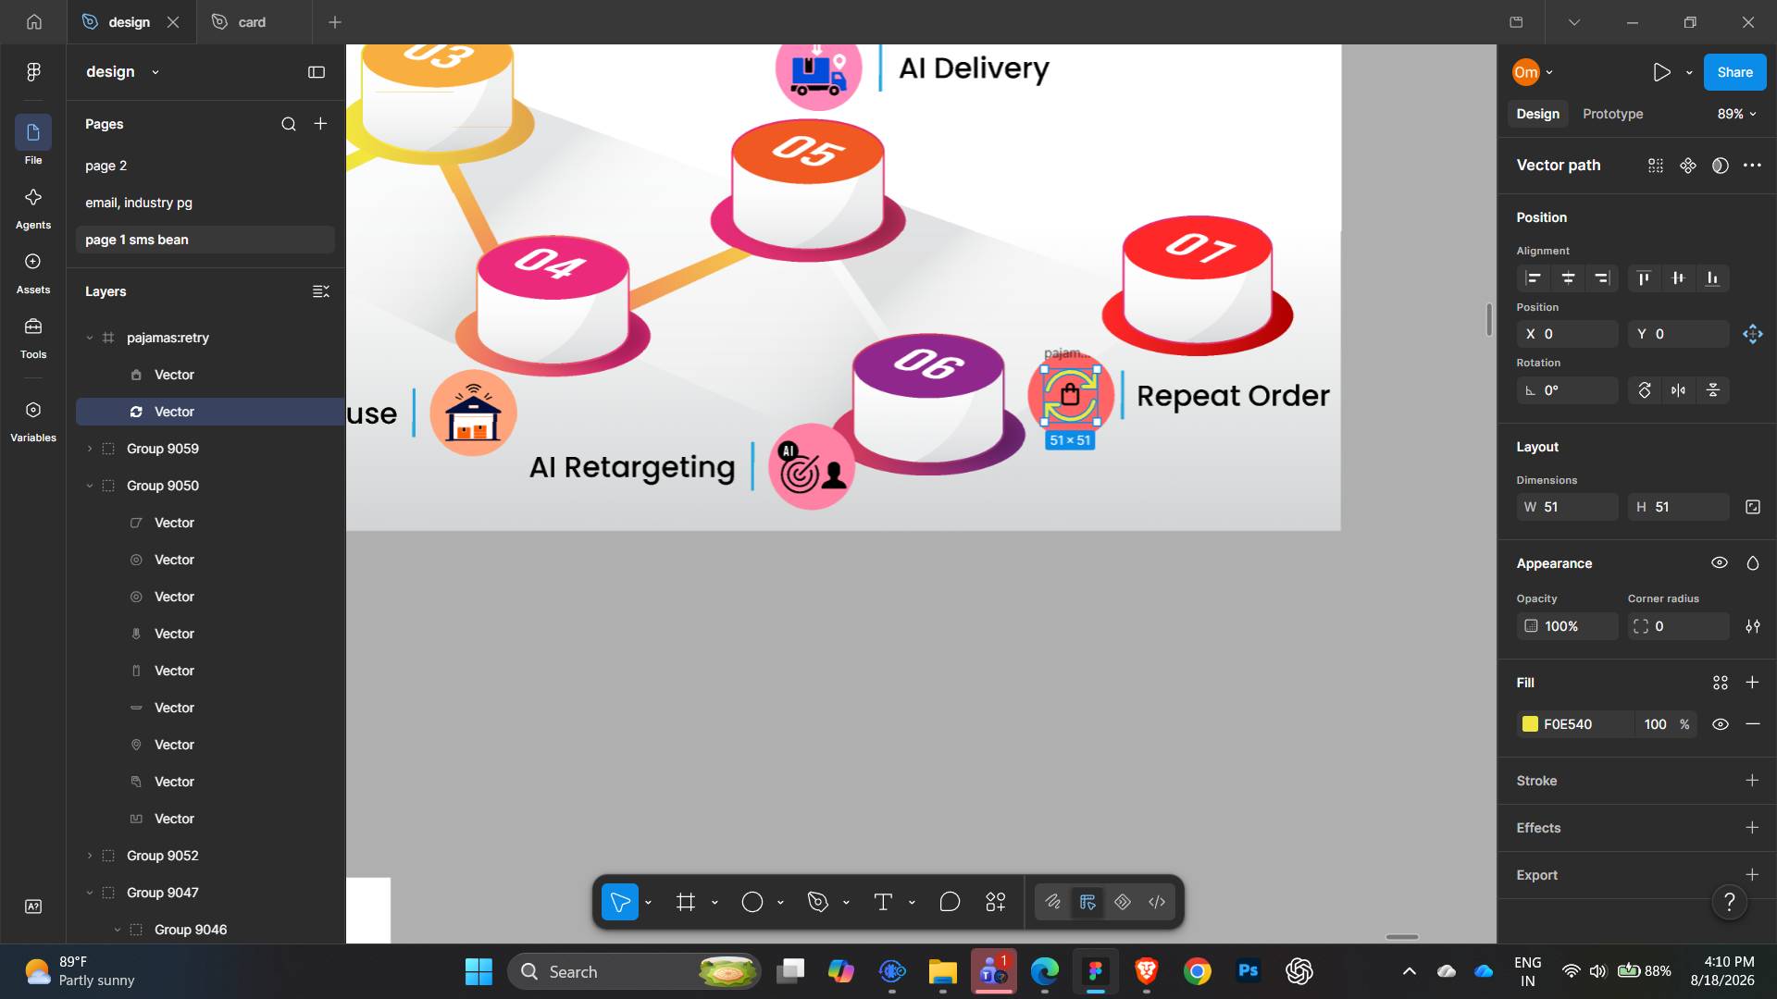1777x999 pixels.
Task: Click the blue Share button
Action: pyautogui.click(x=1734, y=72)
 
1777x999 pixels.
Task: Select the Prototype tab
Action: pyautogui.click(x=1612, y=114)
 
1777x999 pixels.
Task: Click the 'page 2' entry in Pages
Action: pyautogui.click(x=106, y=166)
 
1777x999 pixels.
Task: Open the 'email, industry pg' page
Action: pyautogui.click(x=139, y=203)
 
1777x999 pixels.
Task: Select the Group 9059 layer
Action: pyautogui.click(x=163, y=449)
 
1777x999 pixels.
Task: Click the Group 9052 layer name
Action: pyautogui.click(x=163, y=856)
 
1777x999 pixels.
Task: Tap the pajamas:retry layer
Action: pyautogui.click(x=168, y=338)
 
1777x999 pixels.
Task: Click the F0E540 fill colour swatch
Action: pyautogui.click(x=1530, y=724)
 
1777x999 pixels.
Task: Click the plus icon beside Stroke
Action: pyautogui.click(x=1752, y=781)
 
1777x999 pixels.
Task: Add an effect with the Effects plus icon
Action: pyautogui.click(x=1752, y=828)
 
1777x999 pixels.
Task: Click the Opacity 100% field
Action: pyautogui.click(x=1567, y=626)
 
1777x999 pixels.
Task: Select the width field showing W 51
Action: pyautogui.click(x=1567, y=507)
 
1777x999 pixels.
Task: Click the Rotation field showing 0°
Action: pyautogui.click(x=1567, y=390)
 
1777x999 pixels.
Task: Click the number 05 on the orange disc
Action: pyautogui.click(x=808, y=150)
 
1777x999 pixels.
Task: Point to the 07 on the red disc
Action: pyautogui.click(x=1199, y=247)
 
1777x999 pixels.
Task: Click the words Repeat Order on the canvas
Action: pyautogui.click(x=1233, y=396)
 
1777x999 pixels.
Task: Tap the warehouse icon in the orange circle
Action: pyautogui.click(x=473, y=413)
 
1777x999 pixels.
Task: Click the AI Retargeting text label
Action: pyautogui.click(x=632, y=467)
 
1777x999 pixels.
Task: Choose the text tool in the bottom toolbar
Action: pyautogui.click(x=883, y=902)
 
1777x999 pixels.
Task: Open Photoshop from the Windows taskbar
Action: pyautogui.click(x=1248, y=971)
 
